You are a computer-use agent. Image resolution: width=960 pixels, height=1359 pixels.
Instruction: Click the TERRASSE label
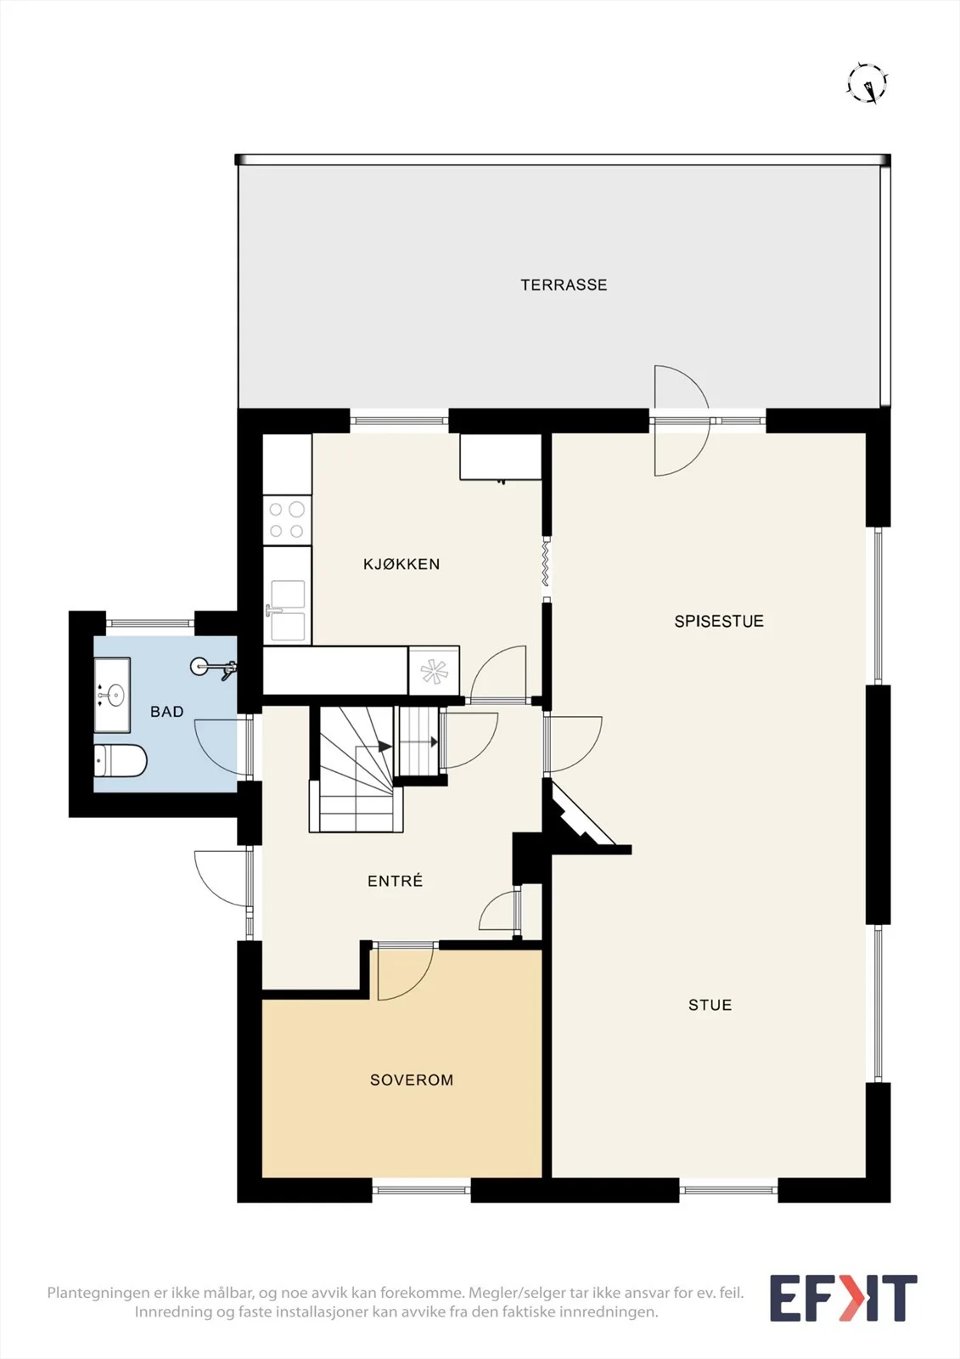564,285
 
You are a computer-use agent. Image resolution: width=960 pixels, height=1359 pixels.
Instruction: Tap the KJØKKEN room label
401,564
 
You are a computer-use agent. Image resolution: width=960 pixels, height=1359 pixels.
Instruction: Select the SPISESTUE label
719,621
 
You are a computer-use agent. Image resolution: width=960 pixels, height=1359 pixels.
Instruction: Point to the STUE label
710,1006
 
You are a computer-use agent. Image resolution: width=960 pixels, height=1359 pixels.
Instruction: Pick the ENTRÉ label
396,880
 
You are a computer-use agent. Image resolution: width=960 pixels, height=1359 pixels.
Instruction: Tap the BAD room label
166,712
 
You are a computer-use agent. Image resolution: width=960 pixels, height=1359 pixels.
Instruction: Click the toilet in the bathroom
120,761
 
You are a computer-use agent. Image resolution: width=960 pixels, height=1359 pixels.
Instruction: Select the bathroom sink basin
112,696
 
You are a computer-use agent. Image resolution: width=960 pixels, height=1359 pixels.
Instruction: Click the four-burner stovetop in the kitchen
287,521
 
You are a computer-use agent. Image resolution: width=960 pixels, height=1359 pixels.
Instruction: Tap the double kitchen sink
288,611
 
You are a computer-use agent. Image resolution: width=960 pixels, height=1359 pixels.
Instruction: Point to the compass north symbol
867,83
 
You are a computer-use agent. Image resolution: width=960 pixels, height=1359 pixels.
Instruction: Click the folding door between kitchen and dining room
547,564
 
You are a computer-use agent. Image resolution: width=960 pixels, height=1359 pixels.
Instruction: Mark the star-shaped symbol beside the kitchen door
434,671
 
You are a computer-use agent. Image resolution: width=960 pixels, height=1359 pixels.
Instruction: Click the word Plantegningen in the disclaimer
98,1293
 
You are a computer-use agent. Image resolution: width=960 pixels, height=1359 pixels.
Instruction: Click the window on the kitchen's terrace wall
399,420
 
